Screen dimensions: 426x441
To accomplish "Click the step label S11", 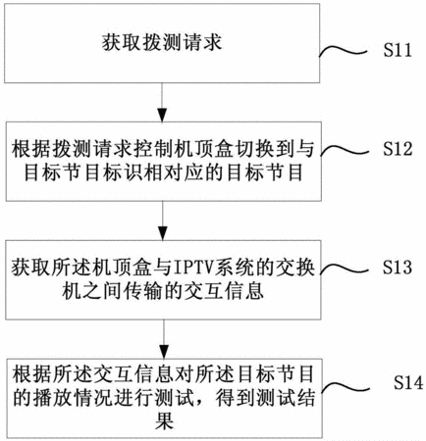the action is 398,50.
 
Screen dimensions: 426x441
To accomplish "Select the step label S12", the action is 398,149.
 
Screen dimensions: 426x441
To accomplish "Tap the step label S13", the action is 398,268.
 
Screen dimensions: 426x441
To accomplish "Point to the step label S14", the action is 408,382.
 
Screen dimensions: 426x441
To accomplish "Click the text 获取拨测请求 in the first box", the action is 162,42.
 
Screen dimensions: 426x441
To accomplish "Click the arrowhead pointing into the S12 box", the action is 162,116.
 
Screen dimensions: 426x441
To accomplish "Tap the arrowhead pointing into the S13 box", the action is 163,233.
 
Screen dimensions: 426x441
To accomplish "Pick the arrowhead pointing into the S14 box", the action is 164,352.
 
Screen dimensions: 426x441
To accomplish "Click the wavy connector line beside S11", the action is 343,52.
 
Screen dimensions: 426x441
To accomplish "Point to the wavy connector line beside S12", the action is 345,150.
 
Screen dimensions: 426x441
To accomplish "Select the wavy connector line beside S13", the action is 345,269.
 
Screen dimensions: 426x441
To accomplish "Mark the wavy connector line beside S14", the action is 346,387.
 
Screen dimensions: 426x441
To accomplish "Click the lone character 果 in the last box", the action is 164,421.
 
